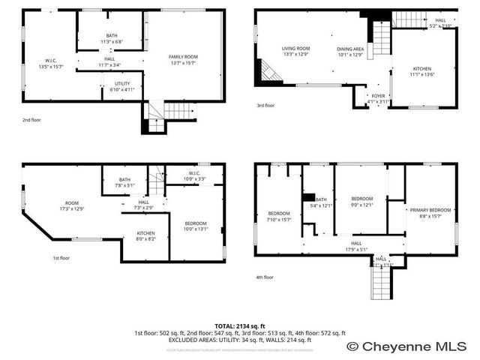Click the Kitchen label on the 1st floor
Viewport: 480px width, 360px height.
[145, 236]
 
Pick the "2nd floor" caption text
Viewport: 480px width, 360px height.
[31, 119]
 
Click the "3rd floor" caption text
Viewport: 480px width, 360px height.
[265, 106]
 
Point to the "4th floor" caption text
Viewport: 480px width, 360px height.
[265, 277]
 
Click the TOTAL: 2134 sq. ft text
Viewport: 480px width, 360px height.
[239, 326]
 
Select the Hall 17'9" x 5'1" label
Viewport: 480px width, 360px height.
[355, 246]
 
